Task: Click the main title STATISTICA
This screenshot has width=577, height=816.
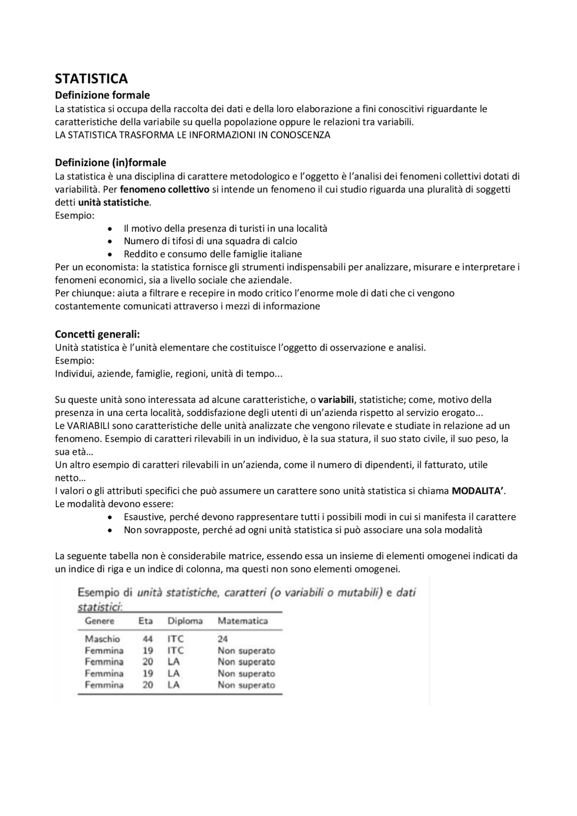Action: click(x=92, y=79)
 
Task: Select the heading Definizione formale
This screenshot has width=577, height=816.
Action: click(x=102, y=95)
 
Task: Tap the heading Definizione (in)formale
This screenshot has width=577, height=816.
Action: click(x=110, y=162)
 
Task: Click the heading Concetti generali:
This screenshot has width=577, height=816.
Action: click(x=97, y=334)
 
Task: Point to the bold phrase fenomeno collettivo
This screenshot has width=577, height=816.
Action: click(x=165, y=189)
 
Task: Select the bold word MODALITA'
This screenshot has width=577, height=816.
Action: click(x=478, y=491)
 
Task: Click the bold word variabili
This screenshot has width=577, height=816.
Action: click(x=336, y=400)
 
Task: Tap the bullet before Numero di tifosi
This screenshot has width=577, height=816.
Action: click(x=110, y=242)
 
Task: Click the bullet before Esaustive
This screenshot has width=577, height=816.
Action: click(x=110, y=517)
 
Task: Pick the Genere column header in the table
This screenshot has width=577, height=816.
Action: click(x=100, y=621)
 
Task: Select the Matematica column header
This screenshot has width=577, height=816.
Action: click(x=243, y=621)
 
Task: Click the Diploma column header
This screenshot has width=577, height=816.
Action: click(x=185, y=621)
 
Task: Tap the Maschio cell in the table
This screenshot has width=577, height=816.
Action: click(x=102, y=639)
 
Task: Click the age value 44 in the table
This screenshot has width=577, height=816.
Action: click(x=147, y=639)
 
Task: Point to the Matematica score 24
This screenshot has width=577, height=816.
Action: click(x=223, y=639)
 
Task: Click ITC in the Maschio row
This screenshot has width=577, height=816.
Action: click(x=175, y=639)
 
